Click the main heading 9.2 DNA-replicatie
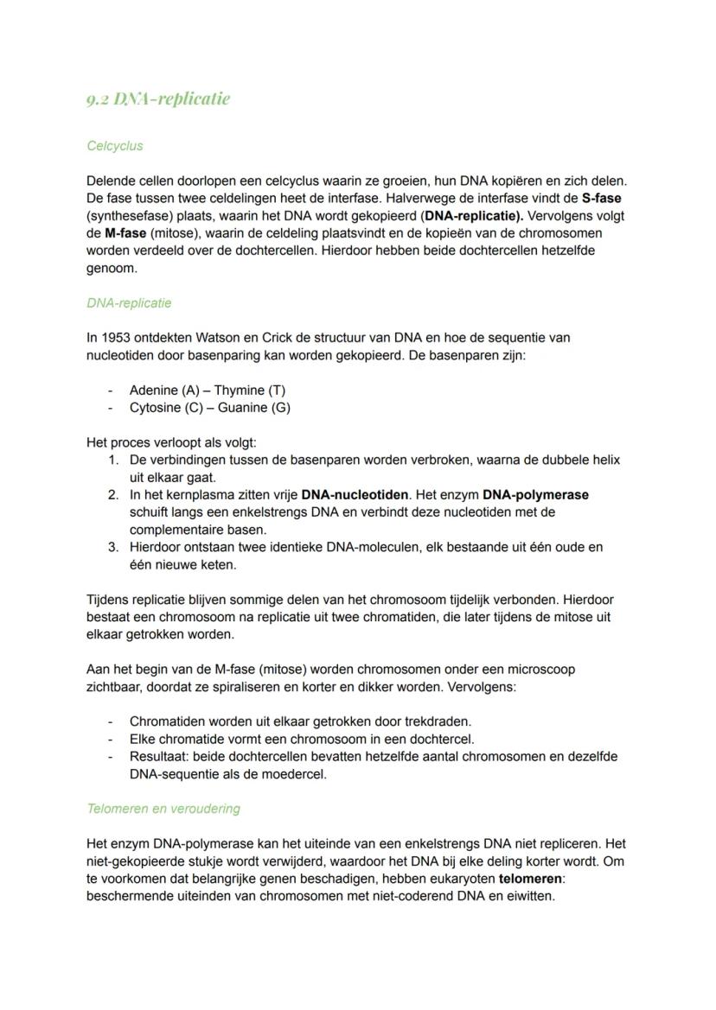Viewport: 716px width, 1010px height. [158, 98]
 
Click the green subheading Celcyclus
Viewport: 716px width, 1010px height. [115, 146]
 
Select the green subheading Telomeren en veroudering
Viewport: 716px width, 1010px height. [163, 809]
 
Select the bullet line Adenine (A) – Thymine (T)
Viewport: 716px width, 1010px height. [207, 391]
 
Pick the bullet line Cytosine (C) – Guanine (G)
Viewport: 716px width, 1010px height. [209, 408]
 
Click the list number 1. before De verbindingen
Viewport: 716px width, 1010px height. [113, 460]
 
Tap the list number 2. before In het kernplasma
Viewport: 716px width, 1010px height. [113, 495]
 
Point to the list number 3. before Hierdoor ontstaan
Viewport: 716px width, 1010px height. [113, 547]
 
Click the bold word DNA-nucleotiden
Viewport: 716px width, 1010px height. [355, 495]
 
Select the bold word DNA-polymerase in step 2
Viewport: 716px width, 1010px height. [535, 495]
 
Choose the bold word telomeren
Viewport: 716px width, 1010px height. [531, 879]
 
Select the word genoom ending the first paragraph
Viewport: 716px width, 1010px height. [112, 268]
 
